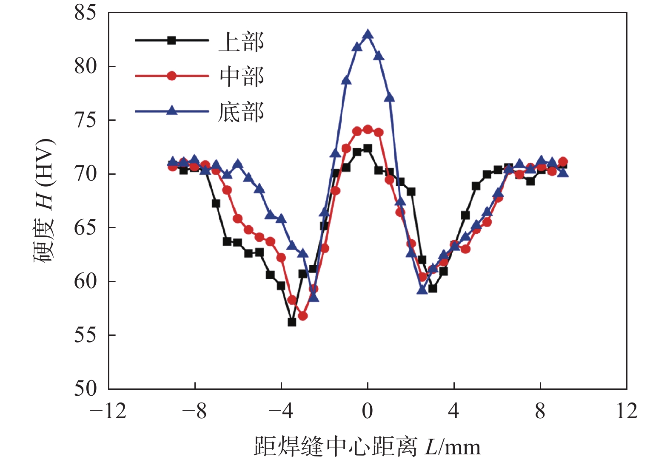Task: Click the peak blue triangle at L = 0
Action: point(368,34)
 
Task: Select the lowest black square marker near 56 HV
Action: point(292,322)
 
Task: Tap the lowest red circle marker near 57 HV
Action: point(303,316)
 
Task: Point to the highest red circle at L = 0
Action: point(368,129)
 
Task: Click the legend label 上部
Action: point(241,42)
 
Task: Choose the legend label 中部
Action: point(241,77)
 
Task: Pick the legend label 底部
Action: point(241,112)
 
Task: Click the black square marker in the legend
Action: point(172,40)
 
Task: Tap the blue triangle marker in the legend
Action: point(172,111)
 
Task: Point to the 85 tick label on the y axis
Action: point(86,13)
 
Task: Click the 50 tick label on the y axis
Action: point(86,388)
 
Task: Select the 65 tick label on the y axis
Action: point(86,228)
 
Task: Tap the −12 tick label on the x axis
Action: point(108,411)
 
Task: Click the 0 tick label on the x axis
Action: point(368,411)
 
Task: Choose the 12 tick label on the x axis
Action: point(627,411)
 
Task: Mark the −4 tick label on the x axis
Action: point(281,411)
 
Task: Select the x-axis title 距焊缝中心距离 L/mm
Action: point(367,447)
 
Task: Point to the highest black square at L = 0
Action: point(368,148)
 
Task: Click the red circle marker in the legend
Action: point(172,76)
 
